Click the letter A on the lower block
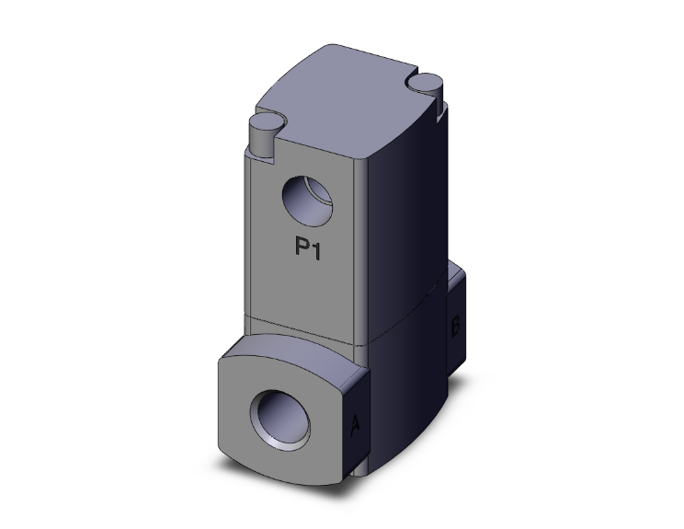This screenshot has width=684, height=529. (355, 425)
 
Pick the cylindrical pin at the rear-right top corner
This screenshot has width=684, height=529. (426, 87)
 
